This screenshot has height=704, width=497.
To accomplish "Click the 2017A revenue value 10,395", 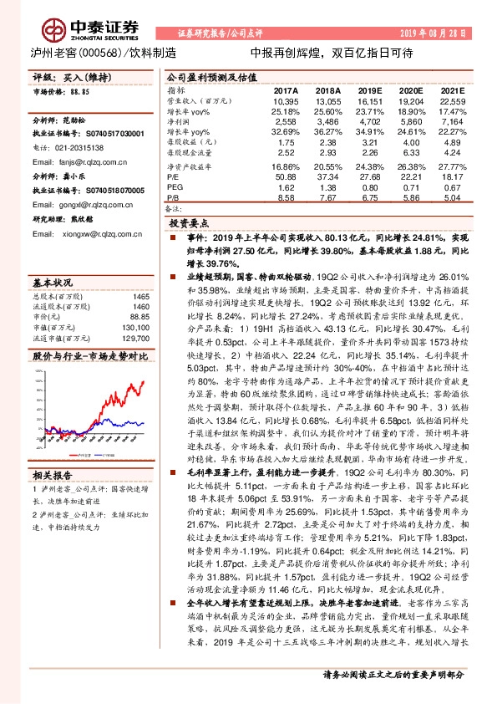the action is click(286, 99).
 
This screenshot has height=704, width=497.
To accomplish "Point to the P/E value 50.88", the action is click(286, 176).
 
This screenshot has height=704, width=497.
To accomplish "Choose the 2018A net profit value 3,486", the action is click(328, 121).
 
